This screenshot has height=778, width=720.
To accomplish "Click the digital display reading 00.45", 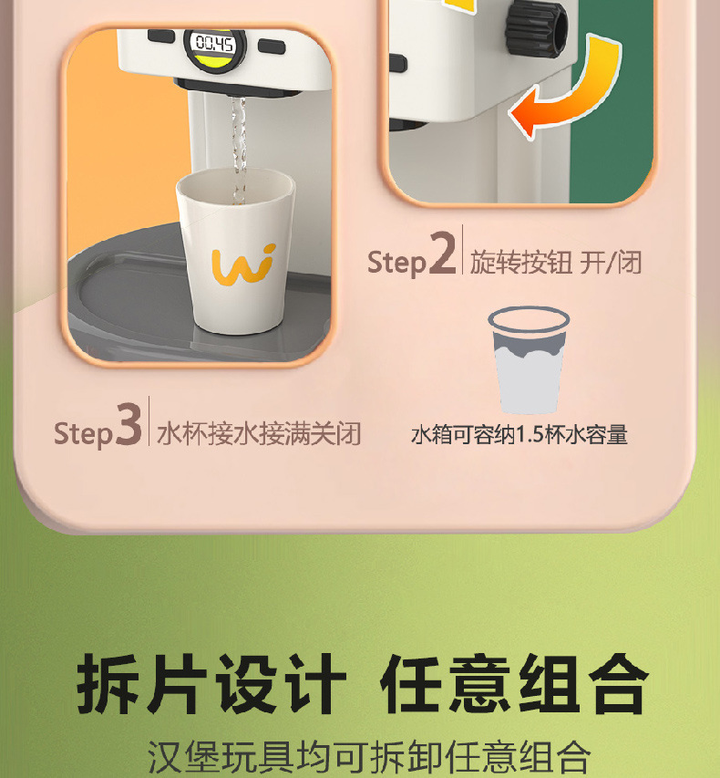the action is pyautogui.click(x=215, y=44).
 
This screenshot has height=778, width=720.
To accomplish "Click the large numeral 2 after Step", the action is pyautogui.click(x=442, y=253).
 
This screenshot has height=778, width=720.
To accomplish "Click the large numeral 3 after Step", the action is pyautogui.click(x=129, y=424).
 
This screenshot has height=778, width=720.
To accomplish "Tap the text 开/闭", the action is pyautogui.click(x=611, y=262).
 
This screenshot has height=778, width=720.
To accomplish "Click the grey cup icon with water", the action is pyautogui.click(x=529, y=360).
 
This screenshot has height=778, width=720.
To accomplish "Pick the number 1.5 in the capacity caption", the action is pyautogui.click(x=530, y=435).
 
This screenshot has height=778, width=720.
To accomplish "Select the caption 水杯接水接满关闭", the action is pyautogui.click(x=259, y=433).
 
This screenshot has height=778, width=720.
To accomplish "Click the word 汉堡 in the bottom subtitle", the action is pyautogui.click(x=183, y=758).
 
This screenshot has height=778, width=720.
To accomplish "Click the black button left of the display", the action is pyautogui.click(x=160, y=36).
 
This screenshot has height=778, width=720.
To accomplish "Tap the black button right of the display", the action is pyautogui.click(x=272, y=47).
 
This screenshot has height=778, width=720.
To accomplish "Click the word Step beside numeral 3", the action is pyautogui.click(x=83, y=433).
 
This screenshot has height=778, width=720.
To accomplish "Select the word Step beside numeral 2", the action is pyautogui.click(x=396, y=263).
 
